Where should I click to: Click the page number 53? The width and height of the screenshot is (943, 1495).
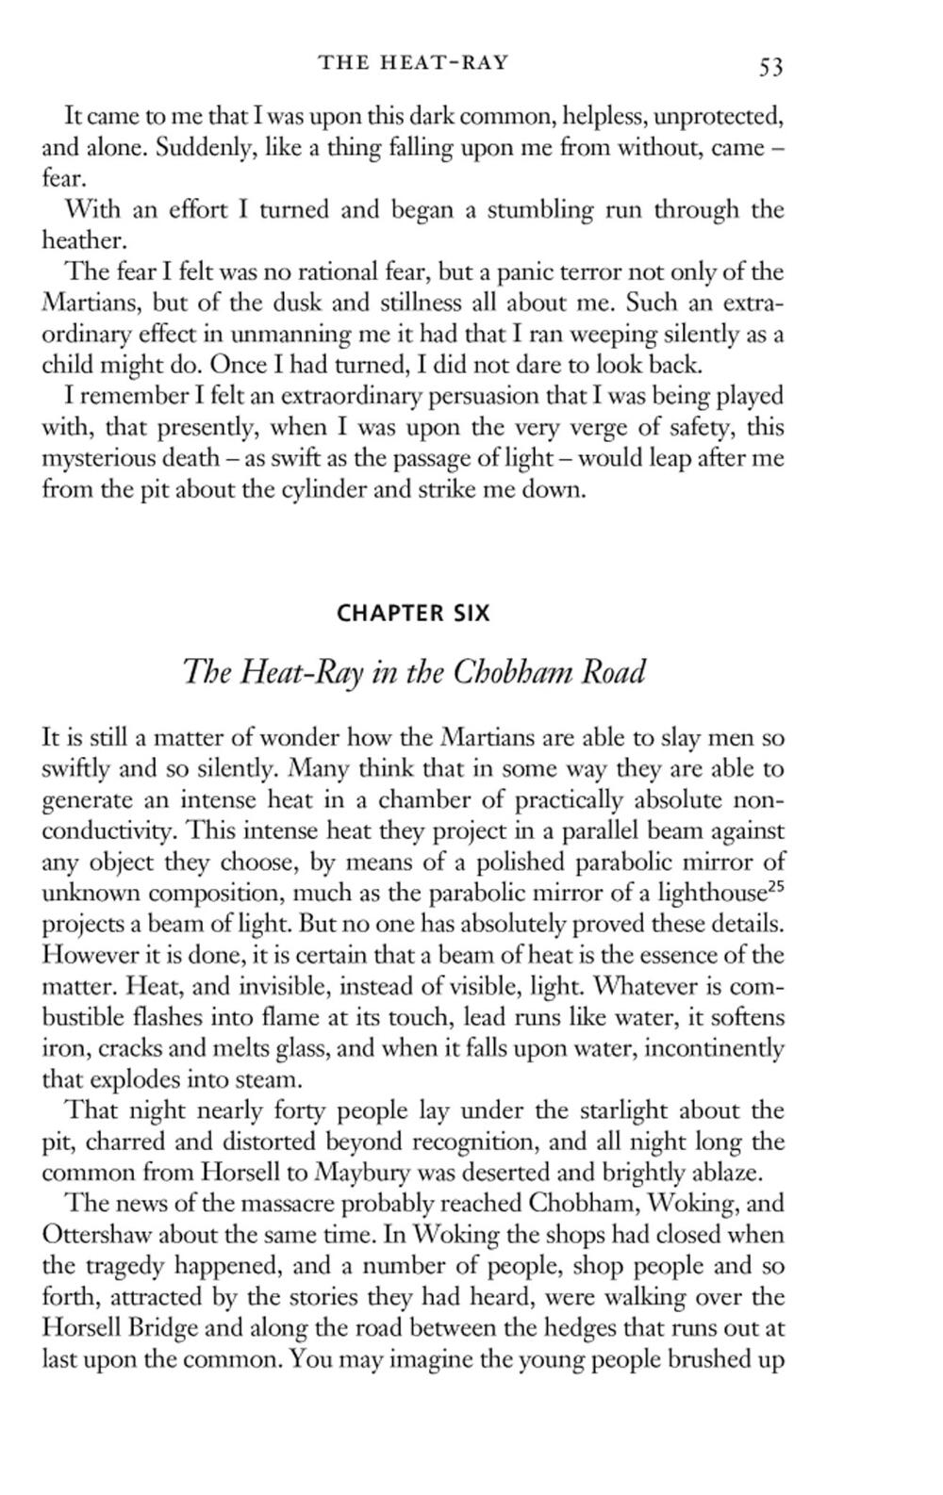(770, 65)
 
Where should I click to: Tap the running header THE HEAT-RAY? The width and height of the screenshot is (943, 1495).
(413, 63)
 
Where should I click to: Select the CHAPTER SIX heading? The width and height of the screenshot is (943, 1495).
(413, 614)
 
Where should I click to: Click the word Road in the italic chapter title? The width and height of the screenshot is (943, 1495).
(613, 673)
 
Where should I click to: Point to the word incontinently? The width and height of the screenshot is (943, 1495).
(716, 1047)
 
